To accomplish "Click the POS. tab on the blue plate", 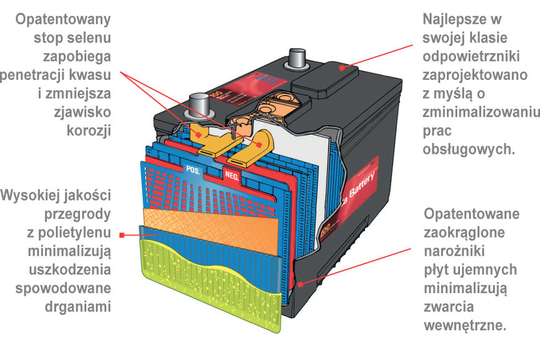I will pyautogui.click(x=192, y=169).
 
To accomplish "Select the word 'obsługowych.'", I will pyautogui.click(x=468, y=150).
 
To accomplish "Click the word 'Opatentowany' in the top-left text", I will pyautogui.click(x=64, y=19).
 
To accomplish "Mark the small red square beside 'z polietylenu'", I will pyautogui.click(x=122, y=235).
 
